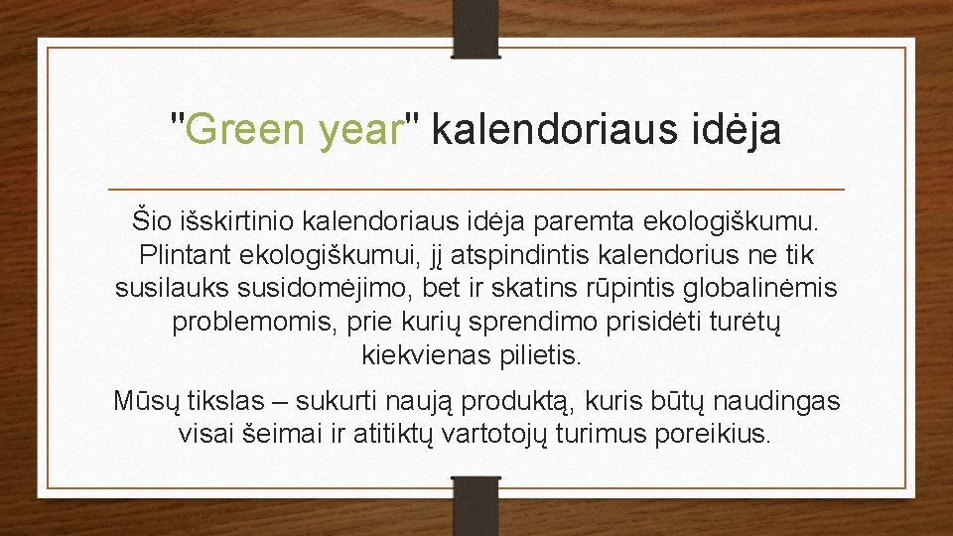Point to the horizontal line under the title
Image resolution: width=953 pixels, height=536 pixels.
476,189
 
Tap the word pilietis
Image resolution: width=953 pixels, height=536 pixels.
550,355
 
